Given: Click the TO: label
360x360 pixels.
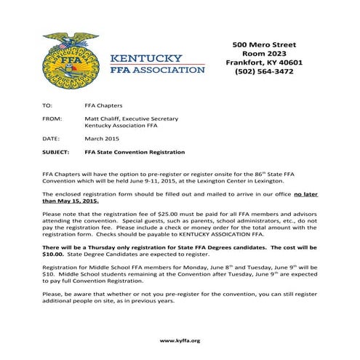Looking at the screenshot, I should [x=48, y=105].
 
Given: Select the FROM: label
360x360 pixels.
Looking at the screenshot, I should [x=52, y=118].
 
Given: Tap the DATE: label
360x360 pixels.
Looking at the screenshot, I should [x=51, y=137].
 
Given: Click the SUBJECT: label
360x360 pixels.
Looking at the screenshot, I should [x=56, y=153].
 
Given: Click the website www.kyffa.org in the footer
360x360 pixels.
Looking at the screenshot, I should [x=179, y=340].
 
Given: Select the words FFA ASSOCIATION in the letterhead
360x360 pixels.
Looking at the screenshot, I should [x=156, y=71].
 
